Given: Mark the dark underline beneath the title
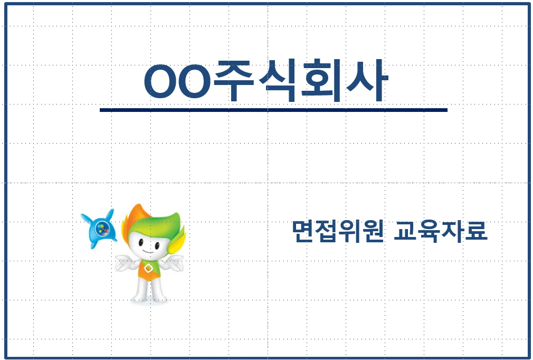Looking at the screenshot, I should coord(273,110).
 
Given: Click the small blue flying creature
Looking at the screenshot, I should coord(99,229).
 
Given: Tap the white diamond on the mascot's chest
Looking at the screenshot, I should coord(148,269).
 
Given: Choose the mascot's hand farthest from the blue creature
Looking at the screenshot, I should coord(176,263).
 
